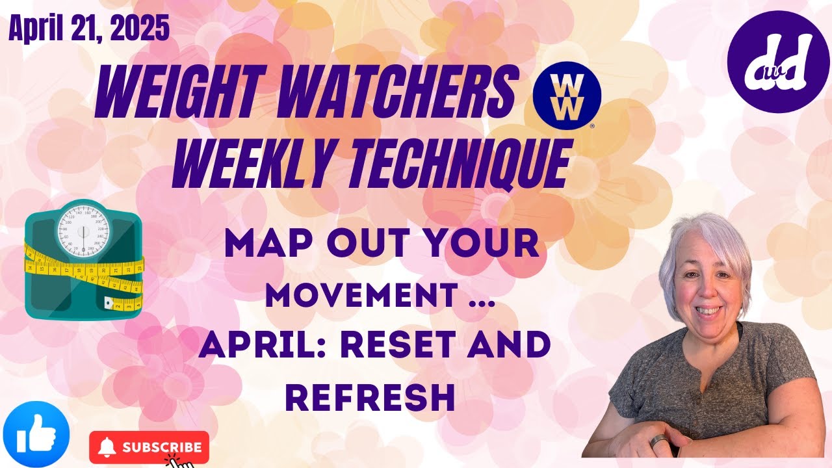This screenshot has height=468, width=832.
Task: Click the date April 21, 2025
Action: tap(88, 29)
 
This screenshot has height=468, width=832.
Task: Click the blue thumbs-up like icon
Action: tap(36, 434)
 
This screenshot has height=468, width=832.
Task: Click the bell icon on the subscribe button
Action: tap(109, 447)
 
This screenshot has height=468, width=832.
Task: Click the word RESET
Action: tap(419, 345)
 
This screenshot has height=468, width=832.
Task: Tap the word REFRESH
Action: tap(370, 396)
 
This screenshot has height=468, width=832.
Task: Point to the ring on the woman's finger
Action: tap(657, 442)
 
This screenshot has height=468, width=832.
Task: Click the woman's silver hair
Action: tap(705, 240)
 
